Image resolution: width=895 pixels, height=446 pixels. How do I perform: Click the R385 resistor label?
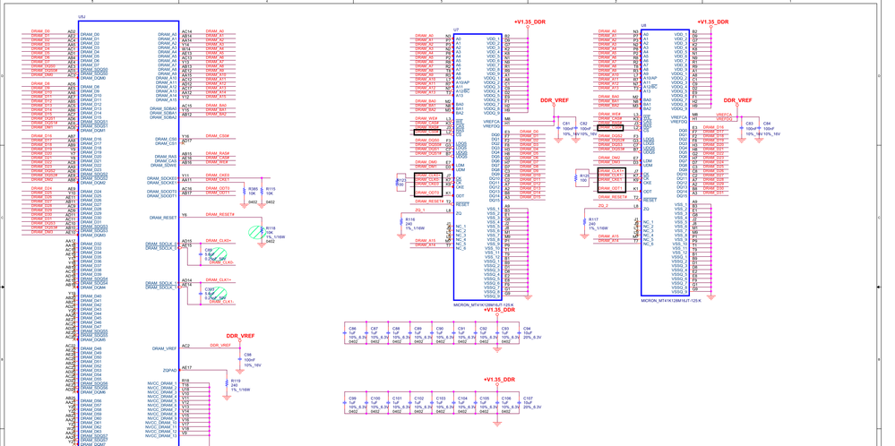point(254,189)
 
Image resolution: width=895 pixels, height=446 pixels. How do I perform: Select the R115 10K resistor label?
point(271,189)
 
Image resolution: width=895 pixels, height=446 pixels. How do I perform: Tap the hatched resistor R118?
point(256,231)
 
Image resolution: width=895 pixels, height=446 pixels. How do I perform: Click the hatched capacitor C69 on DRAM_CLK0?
point(216,254)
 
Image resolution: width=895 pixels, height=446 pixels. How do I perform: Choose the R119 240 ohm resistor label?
point(235,382)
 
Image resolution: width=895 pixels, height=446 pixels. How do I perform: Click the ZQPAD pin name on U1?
point(170,369)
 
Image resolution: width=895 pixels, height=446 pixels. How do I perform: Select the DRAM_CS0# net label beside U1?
point(218,136)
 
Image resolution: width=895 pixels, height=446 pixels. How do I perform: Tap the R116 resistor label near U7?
point(410,219)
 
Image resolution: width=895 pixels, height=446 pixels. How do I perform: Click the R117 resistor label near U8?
point(593,219)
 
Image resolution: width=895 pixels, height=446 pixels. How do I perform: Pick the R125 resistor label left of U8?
point(584,176)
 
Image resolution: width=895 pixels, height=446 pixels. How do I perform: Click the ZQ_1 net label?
point(420,210)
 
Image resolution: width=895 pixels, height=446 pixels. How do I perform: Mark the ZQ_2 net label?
point(603,206)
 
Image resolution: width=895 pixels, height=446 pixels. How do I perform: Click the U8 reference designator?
point(643,26)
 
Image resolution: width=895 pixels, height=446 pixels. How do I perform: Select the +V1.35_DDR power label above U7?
point(529,21)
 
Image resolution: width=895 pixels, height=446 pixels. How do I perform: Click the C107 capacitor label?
point(528,399)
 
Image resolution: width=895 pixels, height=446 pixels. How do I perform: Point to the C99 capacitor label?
point(353,399)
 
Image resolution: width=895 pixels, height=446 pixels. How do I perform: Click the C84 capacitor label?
point(767,124)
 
